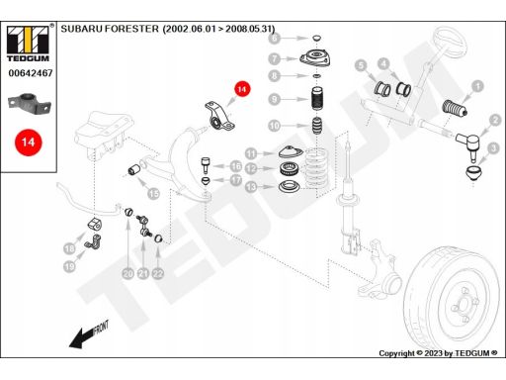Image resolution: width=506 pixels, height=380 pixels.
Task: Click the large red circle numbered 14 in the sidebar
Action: coord(29,142)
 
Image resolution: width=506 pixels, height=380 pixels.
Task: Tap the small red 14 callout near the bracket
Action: coord(242,89)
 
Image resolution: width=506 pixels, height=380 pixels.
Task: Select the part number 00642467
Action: coord(31,73)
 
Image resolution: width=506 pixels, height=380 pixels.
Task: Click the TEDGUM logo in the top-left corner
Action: coord(28,43)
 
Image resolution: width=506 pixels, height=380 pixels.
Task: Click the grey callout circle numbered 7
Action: coord(275,59)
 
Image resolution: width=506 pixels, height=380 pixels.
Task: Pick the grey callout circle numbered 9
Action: coord(275,99)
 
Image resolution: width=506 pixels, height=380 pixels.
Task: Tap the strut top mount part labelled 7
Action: coord(315,58)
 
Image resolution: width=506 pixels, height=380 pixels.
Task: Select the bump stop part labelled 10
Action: coord(317,126)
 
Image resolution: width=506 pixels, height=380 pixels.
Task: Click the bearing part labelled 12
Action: coord(289,169)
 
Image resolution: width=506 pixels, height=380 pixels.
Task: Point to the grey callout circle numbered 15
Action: coord(153,194)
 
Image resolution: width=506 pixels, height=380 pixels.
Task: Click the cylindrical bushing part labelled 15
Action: coord(134,170)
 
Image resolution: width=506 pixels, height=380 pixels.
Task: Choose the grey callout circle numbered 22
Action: coord(158,273)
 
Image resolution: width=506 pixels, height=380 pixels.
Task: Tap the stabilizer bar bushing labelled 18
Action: coord(95,224)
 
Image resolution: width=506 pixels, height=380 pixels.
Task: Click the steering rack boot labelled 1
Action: coord(455,108)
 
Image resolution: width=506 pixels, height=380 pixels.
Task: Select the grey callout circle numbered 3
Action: coord(493,148)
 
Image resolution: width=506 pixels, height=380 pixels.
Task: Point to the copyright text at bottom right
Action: coord(438,353)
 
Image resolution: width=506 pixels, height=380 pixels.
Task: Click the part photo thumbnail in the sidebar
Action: coord(30,104)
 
